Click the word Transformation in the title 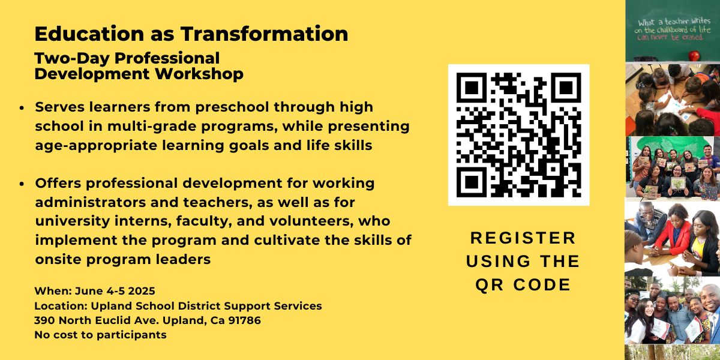pyautogui.click(x=264, y=34)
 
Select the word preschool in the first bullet pyautogui.click(x=232, y=107)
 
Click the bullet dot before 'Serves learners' pyautogui.click(x=22, y=108)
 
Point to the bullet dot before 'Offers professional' pyautogui.click(x=22, y=184)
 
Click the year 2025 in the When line pyautogui.click(x=142, y=291)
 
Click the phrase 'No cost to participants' pyautogui.click(x=100, y=335)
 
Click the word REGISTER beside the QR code pyautogui.click(x=523, y=238)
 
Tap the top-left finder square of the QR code pyautogui.click(x=472, y=88)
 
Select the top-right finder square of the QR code pyautogui.click(x=566, y=88)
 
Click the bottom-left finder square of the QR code pyautogui.click(x=472, y=182)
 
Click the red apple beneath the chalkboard pyautogui.click(x=694, y=56)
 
